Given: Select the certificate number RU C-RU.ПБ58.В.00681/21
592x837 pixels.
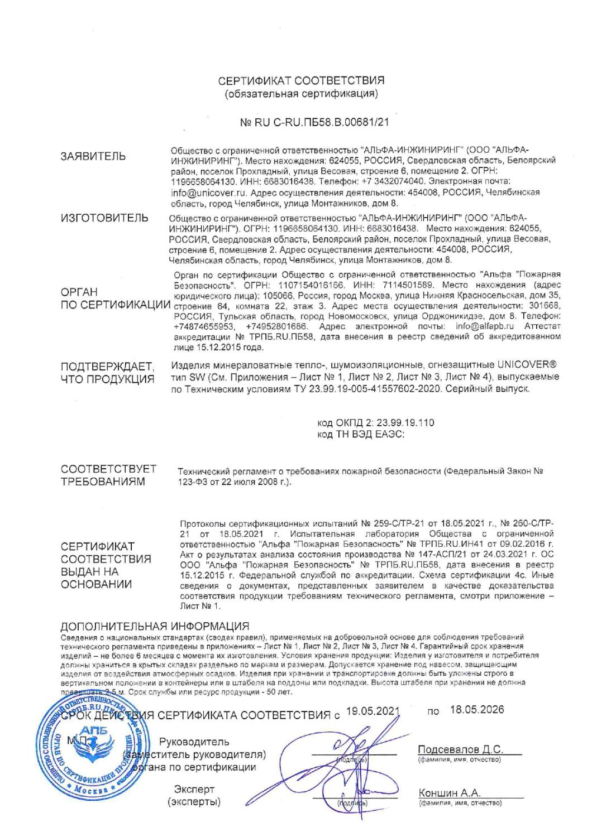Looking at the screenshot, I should pos(307,119).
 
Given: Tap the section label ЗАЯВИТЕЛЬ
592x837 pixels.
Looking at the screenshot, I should pos(93,156).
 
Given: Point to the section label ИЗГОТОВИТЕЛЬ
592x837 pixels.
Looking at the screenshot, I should pos(104,218).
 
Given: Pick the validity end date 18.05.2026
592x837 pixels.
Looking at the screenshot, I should pos(476,710).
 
